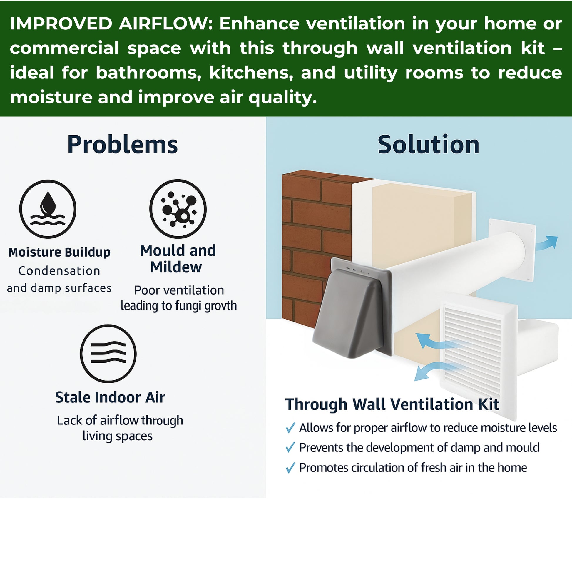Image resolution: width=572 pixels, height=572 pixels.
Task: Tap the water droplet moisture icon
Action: [x=48, y=209]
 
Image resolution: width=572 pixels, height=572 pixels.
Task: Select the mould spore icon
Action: [x=178, y=208]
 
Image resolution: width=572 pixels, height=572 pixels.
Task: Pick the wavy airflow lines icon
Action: [x=108, y=354]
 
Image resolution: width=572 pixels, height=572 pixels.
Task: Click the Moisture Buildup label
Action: [x=59, y=252]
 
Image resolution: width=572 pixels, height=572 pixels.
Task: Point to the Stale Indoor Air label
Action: [x=110, y=397]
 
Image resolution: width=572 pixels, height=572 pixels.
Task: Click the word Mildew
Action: [x=176, y=267]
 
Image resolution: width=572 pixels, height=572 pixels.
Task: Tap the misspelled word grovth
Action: [x=220, y=306]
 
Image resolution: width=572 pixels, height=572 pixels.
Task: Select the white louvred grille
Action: [x=478, y=357]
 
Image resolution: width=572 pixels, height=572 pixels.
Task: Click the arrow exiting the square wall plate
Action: [x=546, y=243]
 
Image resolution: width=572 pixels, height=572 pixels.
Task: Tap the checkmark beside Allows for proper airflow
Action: [x=290, y=428]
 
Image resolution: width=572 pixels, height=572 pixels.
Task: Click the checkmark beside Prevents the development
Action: [x=290, y=448]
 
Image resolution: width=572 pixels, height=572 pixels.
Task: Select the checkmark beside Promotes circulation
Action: [x=290, y=468]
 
